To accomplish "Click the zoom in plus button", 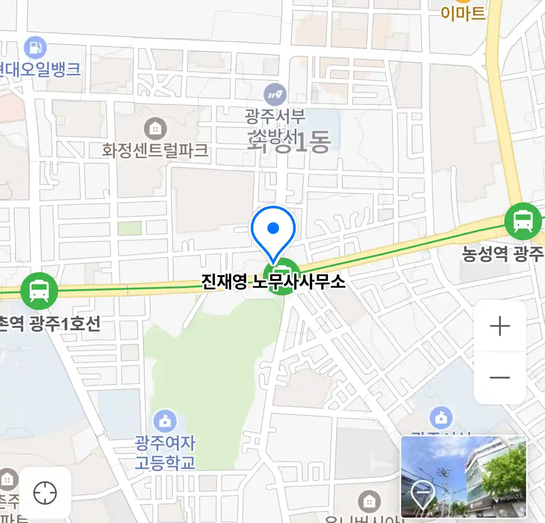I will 499,326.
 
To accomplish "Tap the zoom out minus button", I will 499,377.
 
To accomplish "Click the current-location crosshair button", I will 45,493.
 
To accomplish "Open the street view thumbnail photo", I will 464,477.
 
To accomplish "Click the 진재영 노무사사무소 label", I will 273,281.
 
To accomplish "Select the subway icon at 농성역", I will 523,221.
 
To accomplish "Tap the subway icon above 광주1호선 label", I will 39,291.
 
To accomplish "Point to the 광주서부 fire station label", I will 275,117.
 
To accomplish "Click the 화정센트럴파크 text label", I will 155,150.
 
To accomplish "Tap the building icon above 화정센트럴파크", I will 155,129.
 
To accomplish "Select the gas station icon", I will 35,47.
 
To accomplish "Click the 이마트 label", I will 463,13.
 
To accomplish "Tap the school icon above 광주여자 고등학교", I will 165,421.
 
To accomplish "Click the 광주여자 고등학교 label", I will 165,452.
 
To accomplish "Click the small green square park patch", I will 129,228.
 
